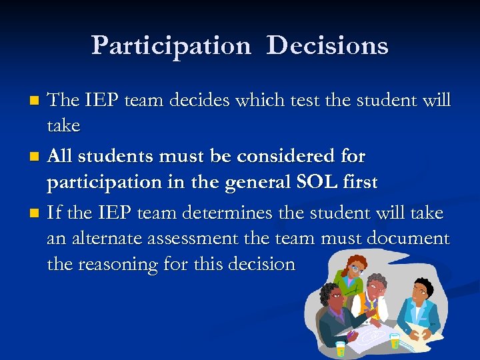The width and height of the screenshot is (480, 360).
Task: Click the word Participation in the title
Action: [171, 45]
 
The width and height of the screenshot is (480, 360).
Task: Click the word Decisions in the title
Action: [327, 45]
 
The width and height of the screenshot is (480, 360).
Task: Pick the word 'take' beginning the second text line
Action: [63, 125]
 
